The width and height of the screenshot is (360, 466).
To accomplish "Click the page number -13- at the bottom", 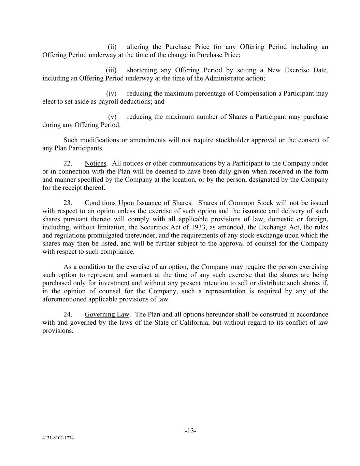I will coord(190,431).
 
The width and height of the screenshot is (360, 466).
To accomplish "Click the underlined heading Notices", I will coord(95,163).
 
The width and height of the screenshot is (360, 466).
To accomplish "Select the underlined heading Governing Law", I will coord(107,314).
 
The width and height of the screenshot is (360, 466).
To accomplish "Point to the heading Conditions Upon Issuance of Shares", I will coord(138,203).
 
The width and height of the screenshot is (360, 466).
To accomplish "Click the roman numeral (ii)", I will coord(112,47).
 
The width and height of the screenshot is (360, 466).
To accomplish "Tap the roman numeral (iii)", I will coord(111,70).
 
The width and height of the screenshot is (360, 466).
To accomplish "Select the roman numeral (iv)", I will coord(111,93).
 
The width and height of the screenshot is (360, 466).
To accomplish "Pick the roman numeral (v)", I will coord(112,116).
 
